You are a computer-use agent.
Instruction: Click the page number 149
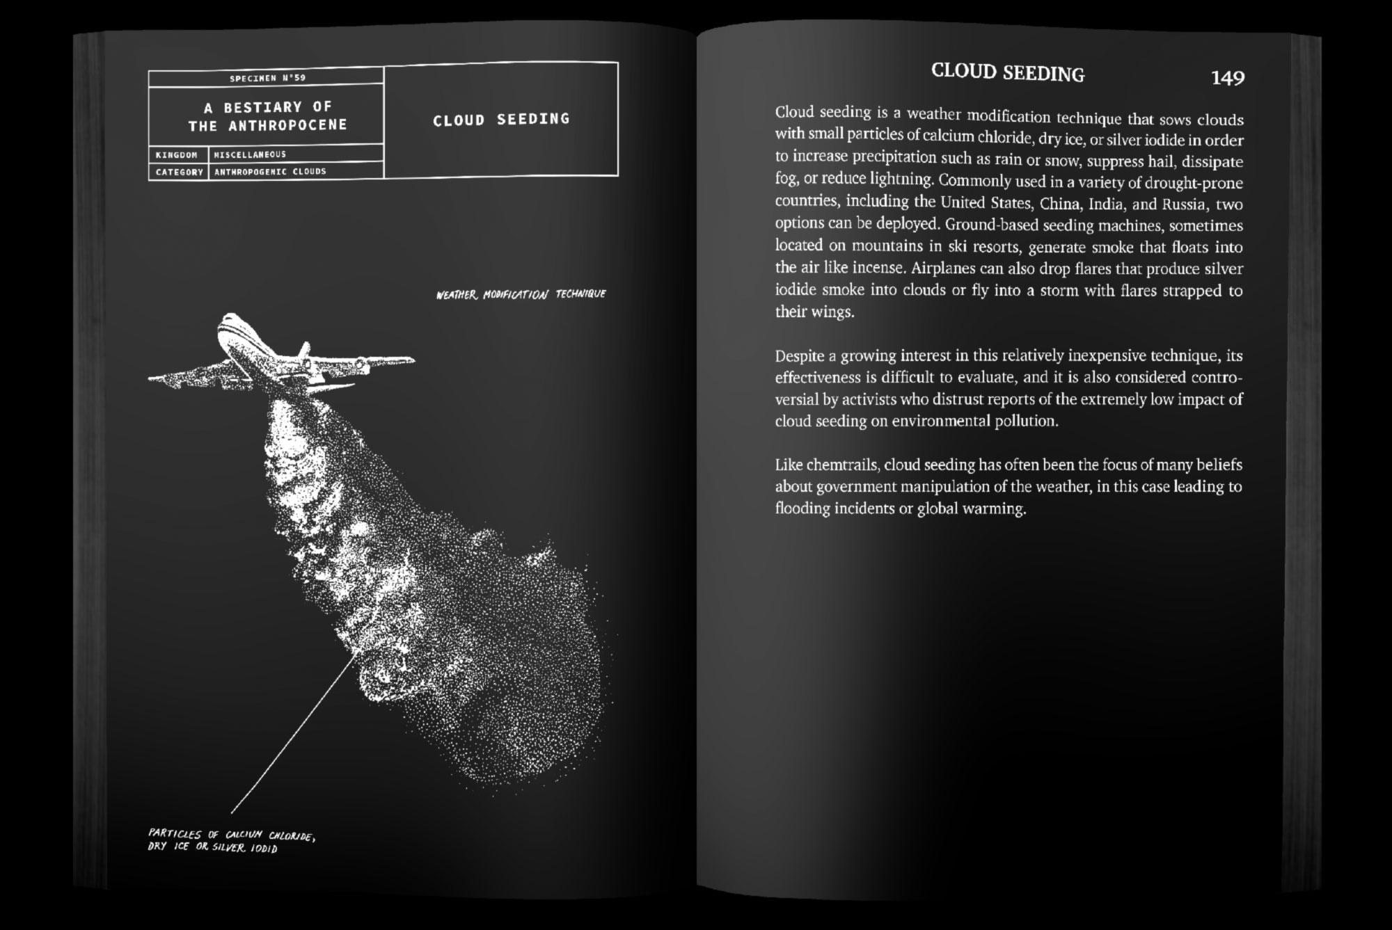pyautogui.click(x=1227, y=78)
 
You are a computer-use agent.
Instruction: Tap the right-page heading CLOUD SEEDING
pyautogui.click(x=1007, y=73)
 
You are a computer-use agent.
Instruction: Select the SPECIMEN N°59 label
pyautogui.click(x=267, y=78)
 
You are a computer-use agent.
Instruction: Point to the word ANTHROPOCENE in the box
pyautogui.click(x=287, y=126)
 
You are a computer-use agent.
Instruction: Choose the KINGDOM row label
pyautogui.click(x=177, y=154)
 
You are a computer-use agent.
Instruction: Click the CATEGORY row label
pyautogui.click(x=179, y=172)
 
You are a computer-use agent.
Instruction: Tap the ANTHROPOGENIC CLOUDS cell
pyautogui.click(x=270, y=171)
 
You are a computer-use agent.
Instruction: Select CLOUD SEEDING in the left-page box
pyautogui.click(x=501, y=120)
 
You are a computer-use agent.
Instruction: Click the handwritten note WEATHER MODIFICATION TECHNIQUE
pyautogui.click(x=521, y=294)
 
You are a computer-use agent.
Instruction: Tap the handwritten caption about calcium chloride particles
pyautogui.click(x=231, y=840)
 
